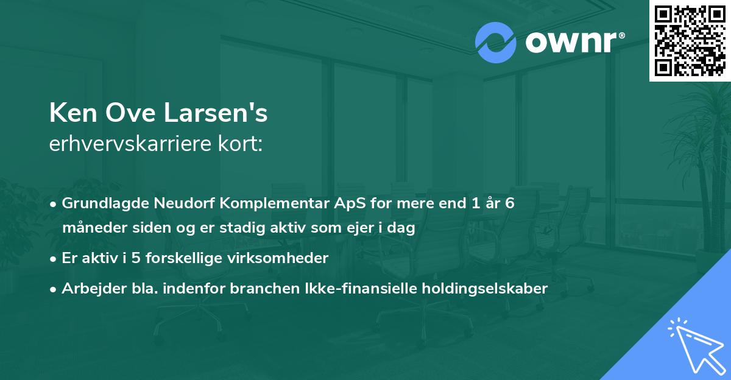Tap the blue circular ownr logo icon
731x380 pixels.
click(495, 43)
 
